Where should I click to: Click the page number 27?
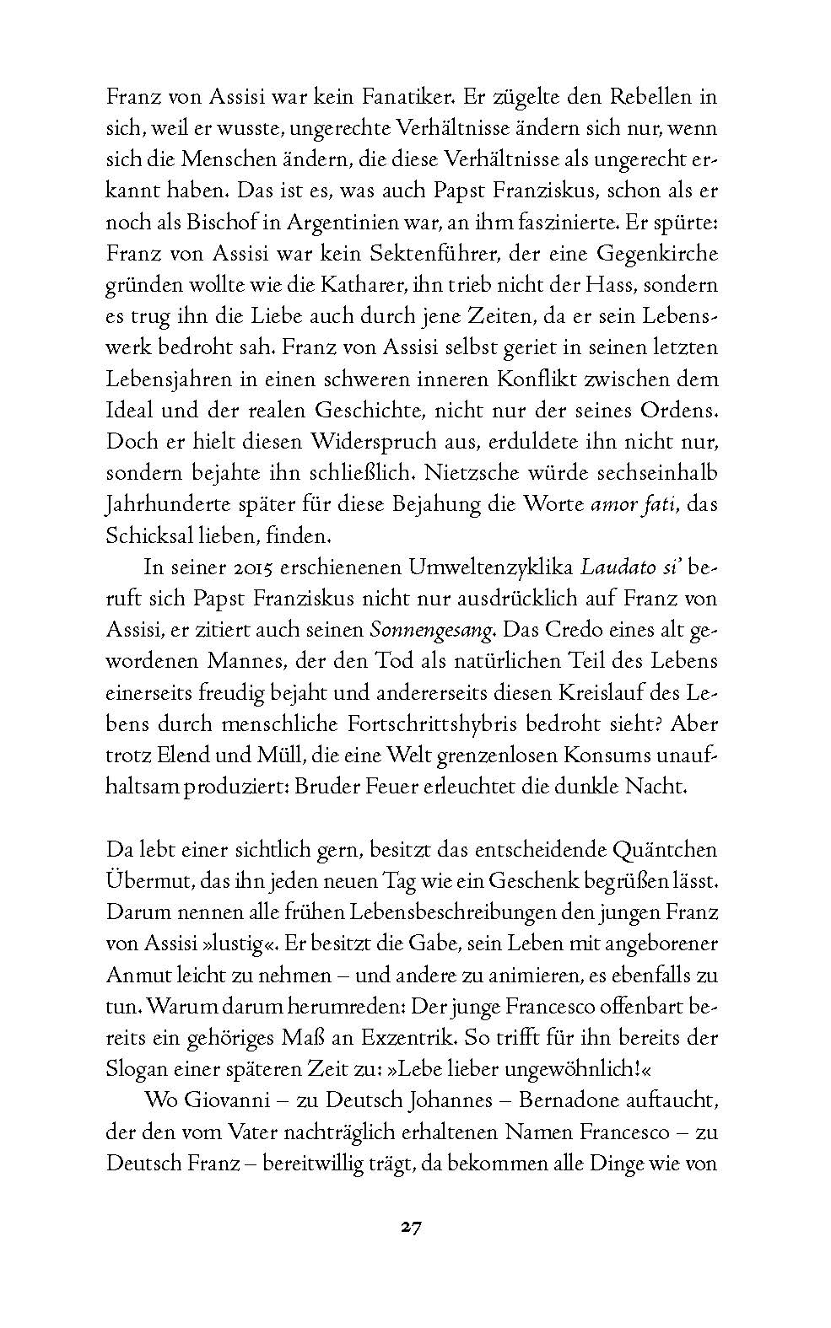(411, 1227)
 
